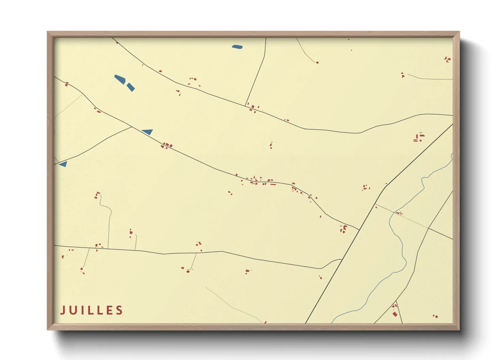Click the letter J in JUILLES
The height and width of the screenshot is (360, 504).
63,310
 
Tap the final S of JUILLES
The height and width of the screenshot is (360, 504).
120,310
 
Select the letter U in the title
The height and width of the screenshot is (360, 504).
73,310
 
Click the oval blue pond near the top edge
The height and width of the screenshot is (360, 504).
237,47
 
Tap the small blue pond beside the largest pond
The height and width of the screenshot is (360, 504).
131,87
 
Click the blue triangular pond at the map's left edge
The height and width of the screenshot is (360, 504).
63,164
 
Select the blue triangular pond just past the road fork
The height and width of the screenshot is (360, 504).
148,132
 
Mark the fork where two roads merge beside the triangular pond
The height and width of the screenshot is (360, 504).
132,127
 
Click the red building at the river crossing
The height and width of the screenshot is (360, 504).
399,213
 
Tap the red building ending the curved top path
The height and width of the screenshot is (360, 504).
317,63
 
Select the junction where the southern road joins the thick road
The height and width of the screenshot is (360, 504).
341,260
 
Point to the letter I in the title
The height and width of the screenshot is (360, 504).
82,310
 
